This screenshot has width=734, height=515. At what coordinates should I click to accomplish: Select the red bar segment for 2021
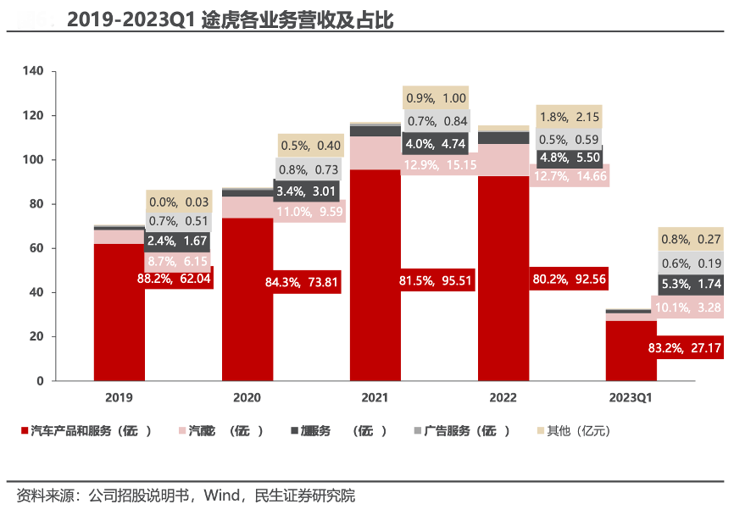point(375,322)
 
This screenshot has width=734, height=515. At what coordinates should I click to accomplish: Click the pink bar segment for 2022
point(503,160)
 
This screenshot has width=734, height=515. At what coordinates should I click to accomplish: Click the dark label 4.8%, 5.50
point(569,158)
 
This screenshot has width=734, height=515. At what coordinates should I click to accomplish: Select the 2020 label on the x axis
point(247,396)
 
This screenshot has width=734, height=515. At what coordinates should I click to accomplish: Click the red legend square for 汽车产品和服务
point(24,431)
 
